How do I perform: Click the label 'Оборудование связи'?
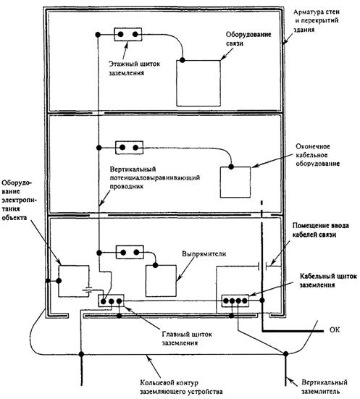[x=248, y=38]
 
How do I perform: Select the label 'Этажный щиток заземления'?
[x=135, y=68]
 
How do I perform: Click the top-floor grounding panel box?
[x=127, y=34]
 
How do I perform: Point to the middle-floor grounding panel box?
[x=130, y=147]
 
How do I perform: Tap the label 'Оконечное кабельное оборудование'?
[x=317, y=155]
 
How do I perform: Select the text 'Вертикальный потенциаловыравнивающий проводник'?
[x=155, y=177]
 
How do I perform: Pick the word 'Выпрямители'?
[x=204, y=253]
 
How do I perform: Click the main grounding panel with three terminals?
[x=112, y=301]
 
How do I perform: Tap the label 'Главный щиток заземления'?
[x=187, y=338]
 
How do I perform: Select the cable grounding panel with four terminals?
[x=235, y=301]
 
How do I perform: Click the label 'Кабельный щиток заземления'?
[x=328, y=280]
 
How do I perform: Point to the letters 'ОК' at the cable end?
[x=335, y=329]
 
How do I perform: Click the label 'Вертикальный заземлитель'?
[x=325, y=386]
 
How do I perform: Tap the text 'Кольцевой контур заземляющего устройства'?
[x=181, y=387]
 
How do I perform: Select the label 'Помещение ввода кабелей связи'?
[x=321, y=230]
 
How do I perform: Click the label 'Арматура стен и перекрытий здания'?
[x=317, y=20]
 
